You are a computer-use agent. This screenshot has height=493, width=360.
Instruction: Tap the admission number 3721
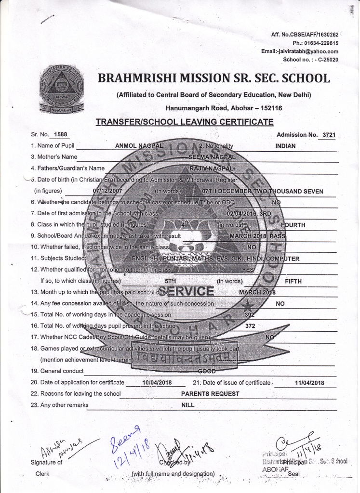328,135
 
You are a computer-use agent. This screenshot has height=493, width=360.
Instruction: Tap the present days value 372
250,326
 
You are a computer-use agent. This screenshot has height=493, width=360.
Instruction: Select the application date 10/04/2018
155,383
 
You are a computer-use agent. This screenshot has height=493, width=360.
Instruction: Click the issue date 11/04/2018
308,383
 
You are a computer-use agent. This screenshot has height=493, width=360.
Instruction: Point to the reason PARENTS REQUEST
210,394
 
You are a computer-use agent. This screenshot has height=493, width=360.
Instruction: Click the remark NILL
187,405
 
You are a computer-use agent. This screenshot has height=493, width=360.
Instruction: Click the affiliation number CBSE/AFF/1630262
310,35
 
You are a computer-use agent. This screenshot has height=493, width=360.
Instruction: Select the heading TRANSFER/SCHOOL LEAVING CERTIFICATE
184,122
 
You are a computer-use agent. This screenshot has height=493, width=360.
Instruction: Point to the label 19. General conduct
57,371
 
